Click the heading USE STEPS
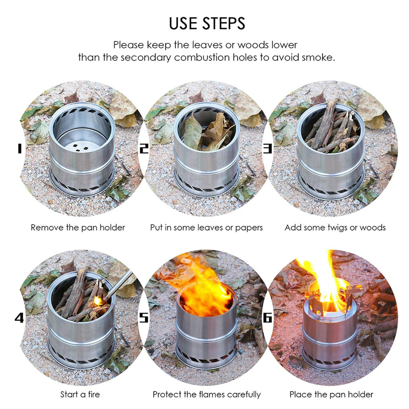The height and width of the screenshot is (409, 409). (207, 24)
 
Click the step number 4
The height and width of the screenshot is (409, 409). (19, 318)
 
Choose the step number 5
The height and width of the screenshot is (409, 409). (144, 318)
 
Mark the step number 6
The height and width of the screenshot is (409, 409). (267, 318)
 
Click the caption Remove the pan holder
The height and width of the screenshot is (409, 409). (78, 227)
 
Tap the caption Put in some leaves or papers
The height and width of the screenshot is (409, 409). (206, 227)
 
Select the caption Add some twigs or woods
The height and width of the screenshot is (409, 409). (335, 227)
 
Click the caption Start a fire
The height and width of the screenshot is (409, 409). (80, 394)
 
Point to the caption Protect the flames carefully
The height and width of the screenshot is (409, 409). (206, 394)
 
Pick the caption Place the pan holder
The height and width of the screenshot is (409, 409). (331, 394)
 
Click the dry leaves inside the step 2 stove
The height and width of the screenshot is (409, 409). (207, 132)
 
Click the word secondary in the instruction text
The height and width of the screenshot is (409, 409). (145, 57)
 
